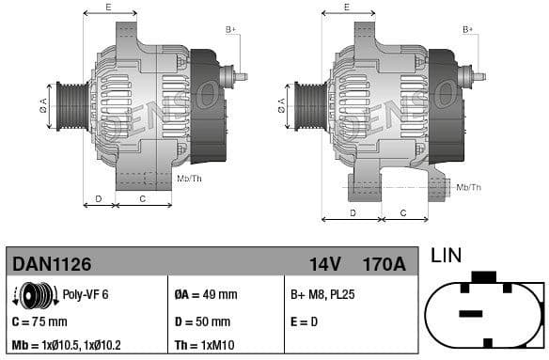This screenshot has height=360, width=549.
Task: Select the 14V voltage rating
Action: pos(325,264)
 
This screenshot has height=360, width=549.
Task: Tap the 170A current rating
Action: pos(384,264)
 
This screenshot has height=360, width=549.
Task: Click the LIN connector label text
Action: pos(447,256)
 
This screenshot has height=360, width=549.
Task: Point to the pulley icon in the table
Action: pos(31,295)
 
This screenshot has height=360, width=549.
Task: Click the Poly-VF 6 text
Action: pos(86,295)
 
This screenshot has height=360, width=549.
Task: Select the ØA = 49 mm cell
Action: pos(206,295)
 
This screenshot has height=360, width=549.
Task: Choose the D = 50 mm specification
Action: pos(204,321)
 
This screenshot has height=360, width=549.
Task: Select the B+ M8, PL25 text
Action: pos(322,295)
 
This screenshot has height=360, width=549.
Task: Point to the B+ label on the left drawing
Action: pos(230,29)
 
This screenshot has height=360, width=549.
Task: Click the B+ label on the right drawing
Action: pos(468,29)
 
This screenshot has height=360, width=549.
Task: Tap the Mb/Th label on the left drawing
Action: pos(189,178)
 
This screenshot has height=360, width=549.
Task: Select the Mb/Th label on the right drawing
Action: pos(468,187)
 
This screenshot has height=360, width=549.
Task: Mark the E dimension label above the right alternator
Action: pos(347,7)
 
